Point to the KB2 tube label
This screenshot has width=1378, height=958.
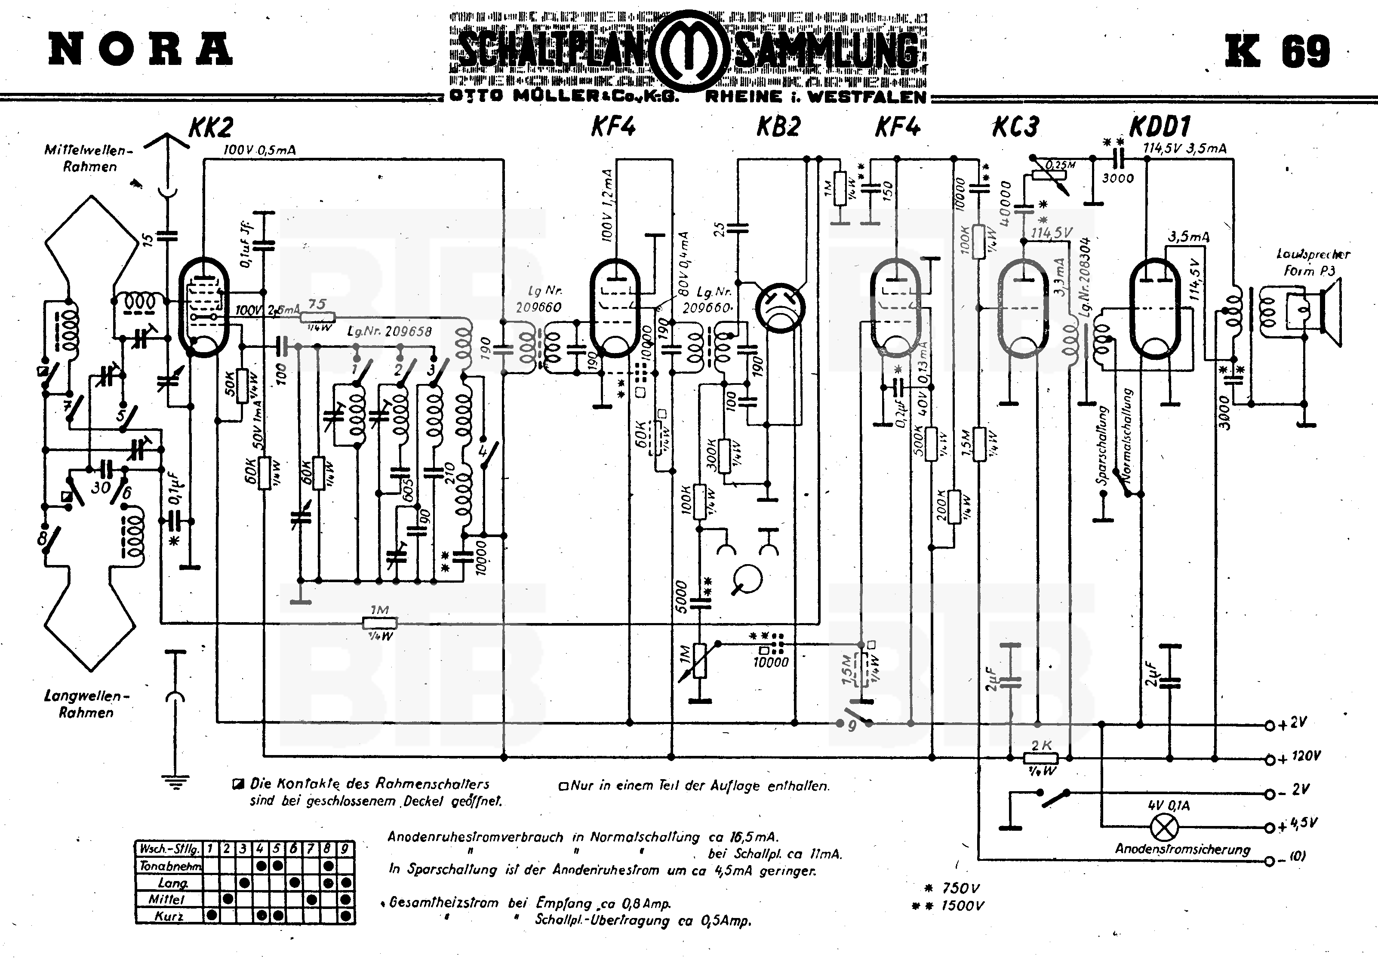click(x=778, y=127)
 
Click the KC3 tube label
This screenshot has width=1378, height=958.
click(x=1015, y=127)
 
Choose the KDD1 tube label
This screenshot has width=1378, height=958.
click(x=1160, y=127)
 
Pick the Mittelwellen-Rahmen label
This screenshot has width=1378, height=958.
click(x=88, y=158)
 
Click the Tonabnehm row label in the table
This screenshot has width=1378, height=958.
click(x=170, y=866)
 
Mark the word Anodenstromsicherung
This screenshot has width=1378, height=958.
click(x=1182, y=849)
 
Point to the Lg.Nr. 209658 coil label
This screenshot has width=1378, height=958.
click(x=390, y=332)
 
